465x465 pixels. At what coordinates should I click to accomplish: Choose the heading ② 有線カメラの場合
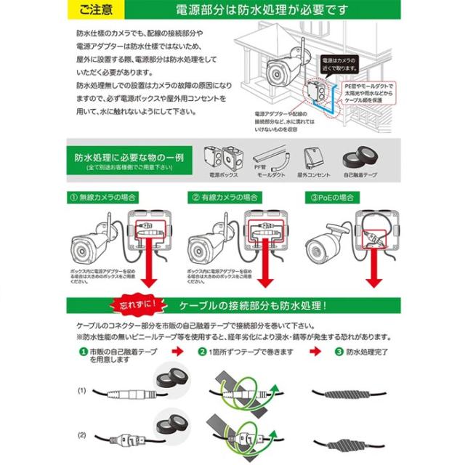coord(226,198)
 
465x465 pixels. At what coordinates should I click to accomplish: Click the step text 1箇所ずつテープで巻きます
coord(243,352)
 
